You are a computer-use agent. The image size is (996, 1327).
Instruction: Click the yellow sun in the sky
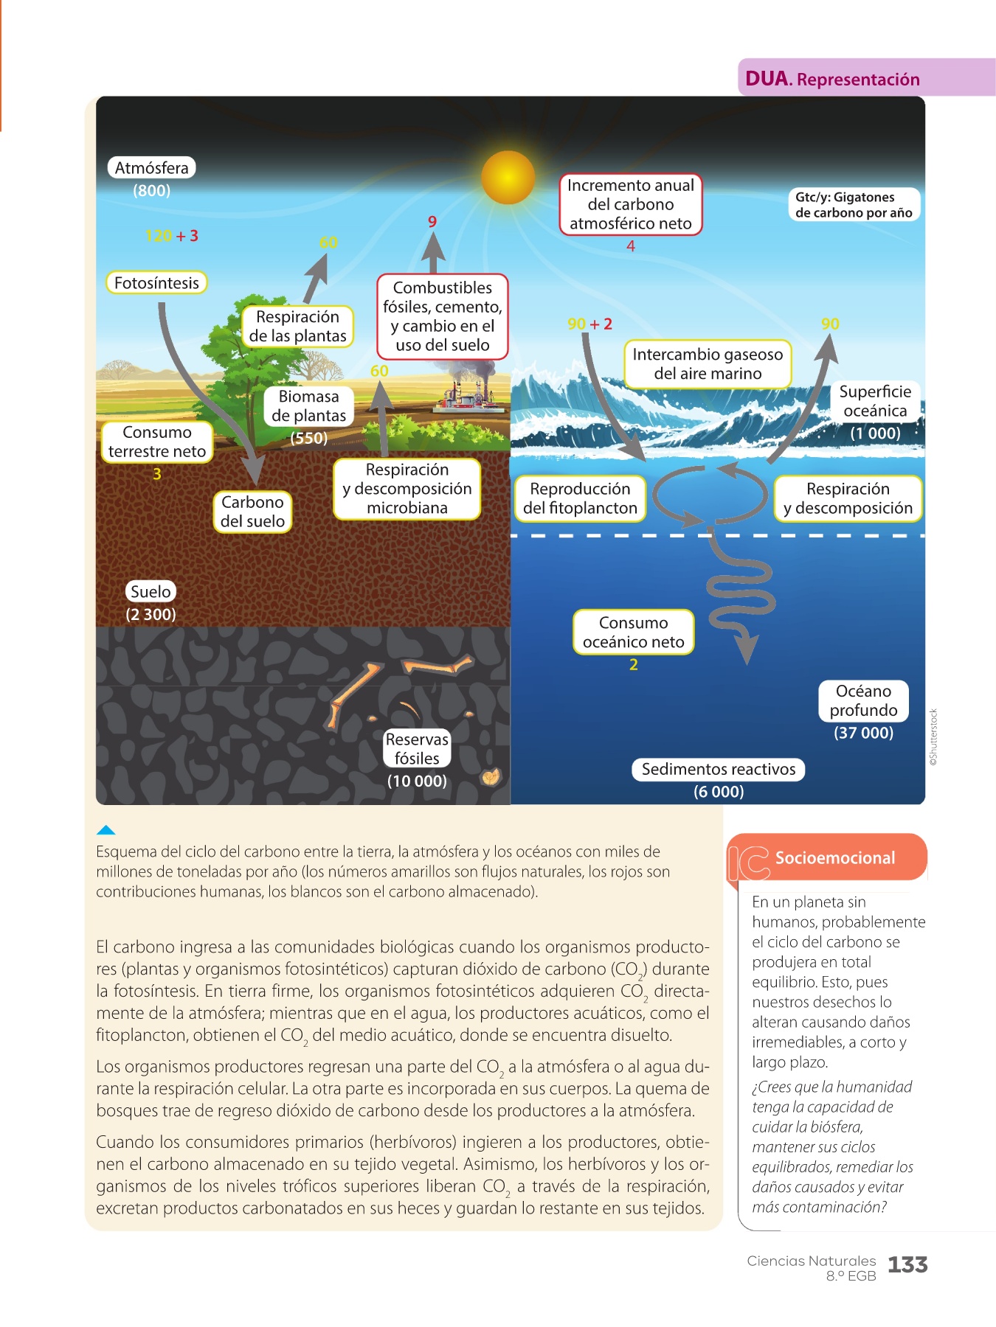pyautogui.click(x=508, y=178)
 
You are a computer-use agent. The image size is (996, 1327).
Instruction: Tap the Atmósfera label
pyautogui.click(x=152, y=167)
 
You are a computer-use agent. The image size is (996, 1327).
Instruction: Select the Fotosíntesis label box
pyautogui.click(x=156, y=282)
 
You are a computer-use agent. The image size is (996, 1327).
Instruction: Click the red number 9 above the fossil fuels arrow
pyautogui.click(x=432, y=221)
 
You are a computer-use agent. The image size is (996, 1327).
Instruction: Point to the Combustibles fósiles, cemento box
pyautogui.click(x=443, y=316)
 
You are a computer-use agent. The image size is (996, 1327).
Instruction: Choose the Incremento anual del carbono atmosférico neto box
pyautogui.click(x=631, y=204)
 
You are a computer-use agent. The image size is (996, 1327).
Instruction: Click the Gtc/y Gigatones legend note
pyautogui.click(x=854, y=205)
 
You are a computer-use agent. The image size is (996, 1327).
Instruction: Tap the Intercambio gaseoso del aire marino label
pyautogui.click(x=708, y=363)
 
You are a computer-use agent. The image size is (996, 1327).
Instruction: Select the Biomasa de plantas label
pyautogui.click(x=309, y=405)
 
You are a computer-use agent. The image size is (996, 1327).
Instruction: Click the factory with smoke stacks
pyautogui.click(x=465, y=391)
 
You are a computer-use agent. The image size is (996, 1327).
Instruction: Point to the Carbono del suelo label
pyautogui.click(x=252, y=511)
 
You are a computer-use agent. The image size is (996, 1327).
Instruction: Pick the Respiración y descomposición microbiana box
pyautogui.click(x=407, y=489)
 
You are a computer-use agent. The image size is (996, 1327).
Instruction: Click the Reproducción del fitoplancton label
pyautogui.click(x=580, y=498)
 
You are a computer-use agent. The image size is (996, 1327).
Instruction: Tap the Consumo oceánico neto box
pyautogui.click(x=634, y=632)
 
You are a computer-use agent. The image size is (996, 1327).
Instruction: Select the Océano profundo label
pyautogui.click(x=864, y=700)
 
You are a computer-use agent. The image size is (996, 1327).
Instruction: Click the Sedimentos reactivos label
pyautogui.click(x=719, y=769)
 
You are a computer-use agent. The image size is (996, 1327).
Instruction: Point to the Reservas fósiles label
pyautogui.click(x=417, y=748)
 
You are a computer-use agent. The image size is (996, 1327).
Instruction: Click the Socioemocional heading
pyautogui.click(x=835, y=857)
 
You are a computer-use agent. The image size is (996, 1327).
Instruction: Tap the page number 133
pyautogui.click(x=907, y=1265)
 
